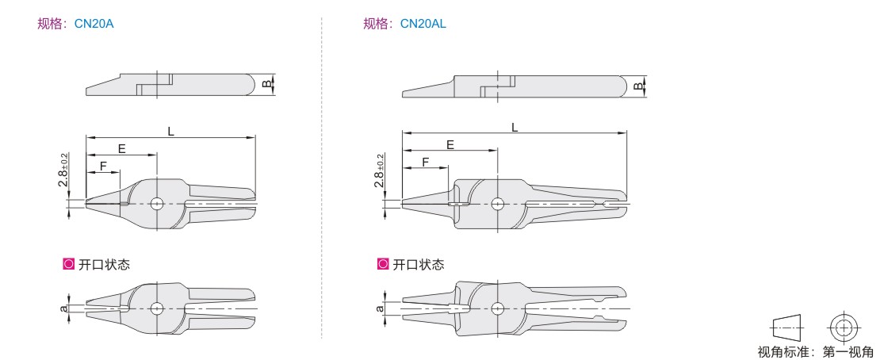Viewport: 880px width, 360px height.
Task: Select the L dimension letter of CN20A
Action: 170,132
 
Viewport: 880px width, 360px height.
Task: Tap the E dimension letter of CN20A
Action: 121,149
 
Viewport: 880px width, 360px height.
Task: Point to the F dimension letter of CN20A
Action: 103,167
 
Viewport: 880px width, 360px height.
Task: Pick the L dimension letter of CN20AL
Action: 515,128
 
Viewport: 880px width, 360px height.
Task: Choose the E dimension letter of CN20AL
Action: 450,145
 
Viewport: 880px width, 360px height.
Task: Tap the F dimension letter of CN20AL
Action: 426,163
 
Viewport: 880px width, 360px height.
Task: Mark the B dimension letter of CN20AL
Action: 637,86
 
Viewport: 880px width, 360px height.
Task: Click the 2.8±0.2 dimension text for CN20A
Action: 63,170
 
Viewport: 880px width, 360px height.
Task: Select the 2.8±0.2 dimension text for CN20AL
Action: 380,170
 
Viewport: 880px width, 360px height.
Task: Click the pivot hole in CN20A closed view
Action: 157,203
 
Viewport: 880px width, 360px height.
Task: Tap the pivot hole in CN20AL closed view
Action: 497,203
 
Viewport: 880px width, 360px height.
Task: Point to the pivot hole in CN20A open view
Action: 157,308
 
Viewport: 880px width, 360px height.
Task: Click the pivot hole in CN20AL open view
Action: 497,308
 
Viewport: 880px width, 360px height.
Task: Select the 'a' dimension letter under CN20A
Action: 64,308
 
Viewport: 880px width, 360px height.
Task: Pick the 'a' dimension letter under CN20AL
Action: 380,308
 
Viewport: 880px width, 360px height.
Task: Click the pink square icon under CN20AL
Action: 383,264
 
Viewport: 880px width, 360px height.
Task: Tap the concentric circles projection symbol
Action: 844,327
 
